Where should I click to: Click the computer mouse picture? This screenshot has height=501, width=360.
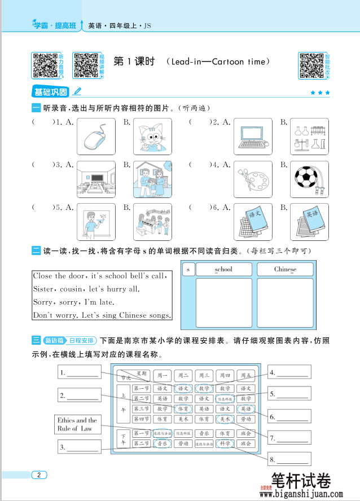pyautogui.click(x=96, y=137)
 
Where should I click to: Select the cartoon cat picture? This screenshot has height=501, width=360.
pyautogui.click(x=152, y=137)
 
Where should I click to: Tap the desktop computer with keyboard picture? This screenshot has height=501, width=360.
pyautogui.click(x=252, y=137)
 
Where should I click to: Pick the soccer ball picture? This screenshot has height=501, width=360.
pyautogui.click(x=309, y=179)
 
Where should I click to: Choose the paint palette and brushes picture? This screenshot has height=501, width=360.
pyautogui.click(x=252, y=179)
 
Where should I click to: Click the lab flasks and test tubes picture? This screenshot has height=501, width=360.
pyautogui.click(x=309, y=137)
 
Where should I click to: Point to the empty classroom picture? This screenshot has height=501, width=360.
pyautogui.click(x=96, y=179)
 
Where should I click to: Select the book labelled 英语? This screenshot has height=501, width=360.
pyautogui.click(x=309, y=222)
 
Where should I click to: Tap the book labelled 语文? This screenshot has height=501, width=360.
pyautogui.click(x=252, y=222)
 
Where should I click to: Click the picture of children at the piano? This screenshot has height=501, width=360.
pyautogui.click(x=152, y=222)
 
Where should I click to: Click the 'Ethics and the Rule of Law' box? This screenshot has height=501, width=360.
pyautogui.click(x=77, y=425)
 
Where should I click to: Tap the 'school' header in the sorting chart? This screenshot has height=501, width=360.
pyautogui.click(x=223, y=269)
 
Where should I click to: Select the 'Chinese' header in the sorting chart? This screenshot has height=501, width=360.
pyautogui.click(x=285, y=269)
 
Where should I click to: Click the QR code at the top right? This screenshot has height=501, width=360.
pyautogui.click(x=310, y=66)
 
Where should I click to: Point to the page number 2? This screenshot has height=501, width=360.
pyautogui.click(x=39, y=474)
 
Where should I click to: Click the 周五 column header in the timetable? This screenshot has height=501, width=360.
pyautogui.click(x=245, y=375)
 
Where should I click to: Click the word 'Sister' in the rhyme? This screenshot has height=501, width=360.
pyautogui.click(x=43, y=289)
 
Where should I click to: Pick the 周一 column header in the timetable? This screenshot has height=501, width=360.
pyautogui.click(x=163, y=375)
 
